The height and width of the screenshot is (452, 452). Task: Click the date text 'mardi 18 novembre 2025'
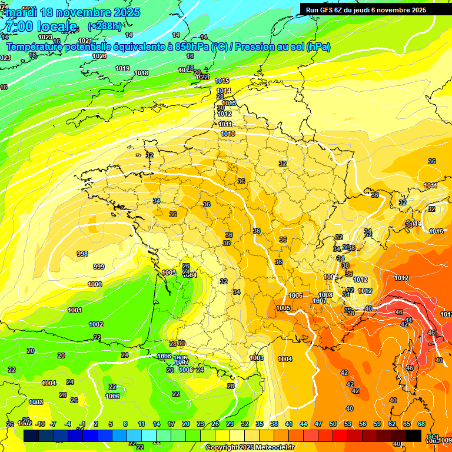coord(73,12)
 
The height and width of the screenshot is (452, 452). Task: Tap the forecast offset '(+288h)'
coord(105,26)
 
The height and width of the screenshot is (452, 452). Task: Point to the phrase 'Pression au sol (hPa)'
coord(282,46)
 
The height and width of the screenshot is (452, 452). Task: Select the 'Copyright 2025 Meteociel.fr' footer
coord(250,447)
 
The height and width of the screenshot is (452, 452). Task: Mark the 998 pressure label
coord(82,254)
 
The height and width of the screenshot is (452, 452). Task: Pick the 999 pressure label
coord(99,267)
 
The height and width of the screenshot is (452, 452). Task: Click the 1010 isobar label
coord(228,134)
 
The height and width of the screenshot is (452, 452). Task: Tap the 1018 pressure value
coord(141,73)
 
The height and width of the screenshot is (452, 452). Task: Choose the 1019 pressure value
coord(122,68)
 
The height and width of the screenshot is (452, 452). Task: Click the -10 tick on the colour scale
coord(40,424)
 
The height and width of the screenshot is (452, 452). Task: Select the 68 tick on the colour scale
coord(421,424)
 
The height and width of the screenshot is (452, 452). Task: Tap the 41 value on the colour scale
coord(289,424)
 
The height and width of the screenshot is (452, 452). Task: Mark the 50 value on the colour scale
coord(333,424)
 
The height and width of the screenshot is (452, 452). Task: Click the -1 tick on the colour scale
coord(82,424)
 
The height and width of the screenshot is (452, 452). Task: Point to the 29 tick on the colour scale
coord(230,424)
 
